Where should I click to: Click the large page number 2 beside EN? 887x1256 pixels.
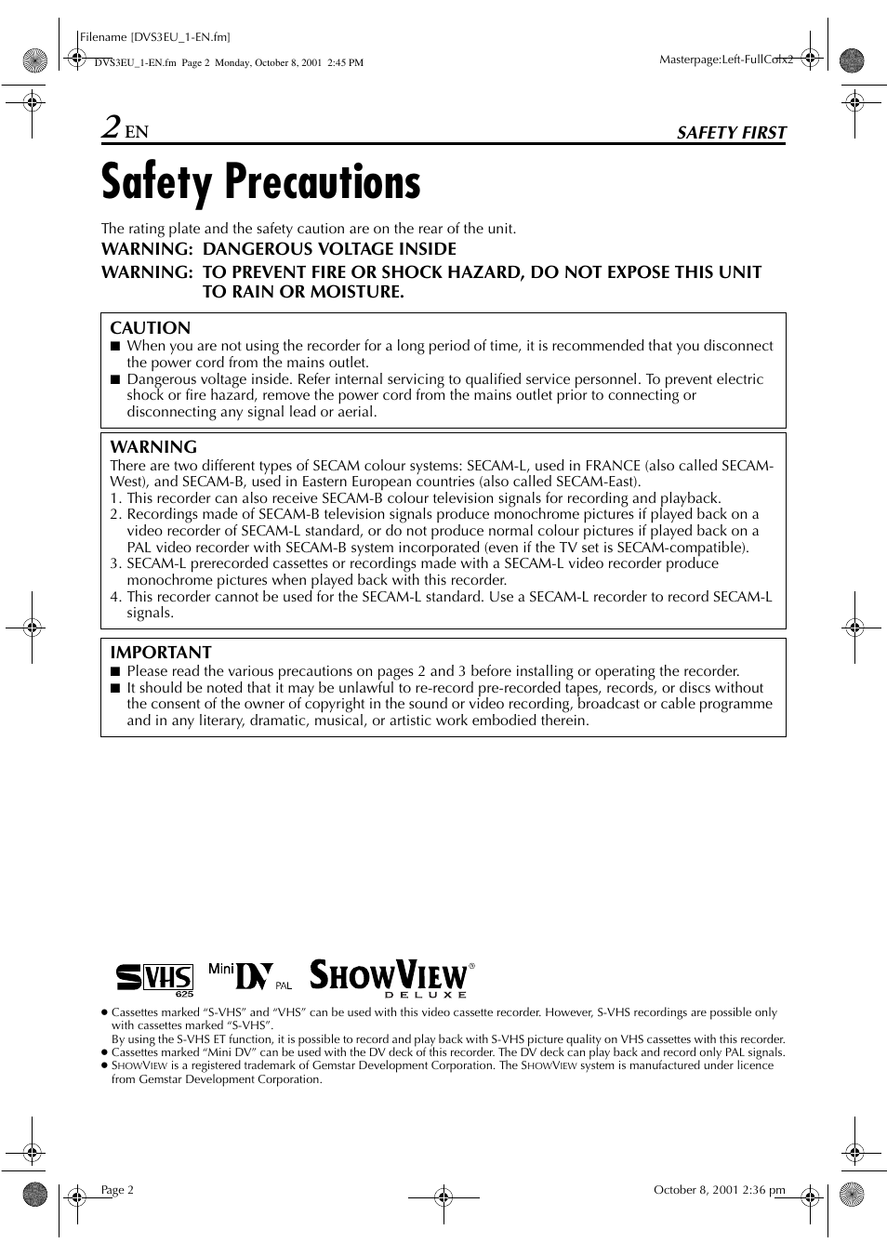click(112, 127)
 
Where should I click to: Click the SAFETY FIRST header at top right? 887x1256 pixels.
click(731, 133)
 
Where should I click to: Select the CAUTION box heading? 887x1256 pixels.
click(150, 328)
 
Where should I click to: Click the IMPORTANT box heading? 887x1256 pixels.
click(161, 653)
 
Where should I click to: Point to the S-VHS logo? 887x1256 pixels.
click(154, 978)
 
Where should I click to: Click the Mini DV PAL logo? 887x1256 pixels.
click(249, 976)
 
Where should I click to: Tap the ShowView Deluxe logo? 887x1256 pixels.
click(391, 978)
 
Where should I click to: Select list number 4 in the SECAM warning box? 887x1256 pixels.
click(115, 597)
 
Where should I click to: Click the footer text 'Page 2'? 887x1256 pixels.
click(117, 1190)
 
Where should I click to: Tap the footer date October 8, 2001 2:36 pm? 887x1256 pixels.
click(719, 1190)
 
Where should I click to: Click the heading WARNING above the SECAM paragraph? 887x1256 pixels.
click(153, 447)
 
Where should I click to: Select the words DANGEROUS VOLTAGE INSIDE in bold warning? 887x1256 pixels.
click(329, 249)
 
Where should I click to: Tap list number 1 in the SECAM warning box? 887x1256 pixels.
click(115, 498)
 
